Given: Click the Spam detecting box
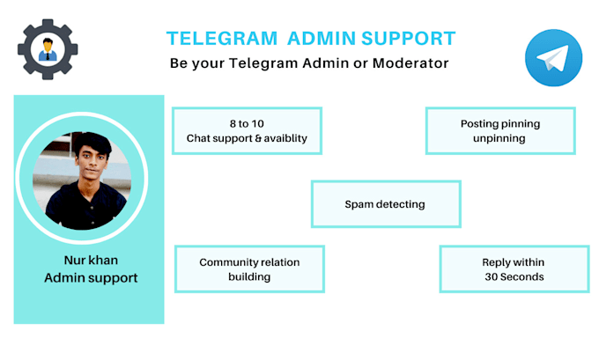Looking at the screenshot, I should [x=385, y=204].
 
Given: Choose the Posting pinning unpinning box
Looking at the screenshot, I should [x=499, y=130].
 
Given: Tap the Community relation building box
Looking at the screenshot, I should [x=249, y=269].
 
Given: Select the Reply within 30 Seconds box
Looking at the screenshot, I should [x=514, y=269].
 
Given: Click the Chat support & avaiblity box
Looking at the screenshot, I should [x=247, y=130].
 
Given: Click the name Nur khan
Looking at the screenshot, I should [x=89, y=261].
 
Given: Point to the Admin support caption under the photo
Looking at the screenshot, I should [x=89, y=278].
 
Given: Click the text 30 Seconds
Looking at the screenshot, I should [x=514, y=277].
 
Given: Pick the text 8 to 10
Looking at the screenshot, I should [x=247, y=123].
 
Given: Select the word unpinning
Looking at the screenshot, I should [x=499, y=138].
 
